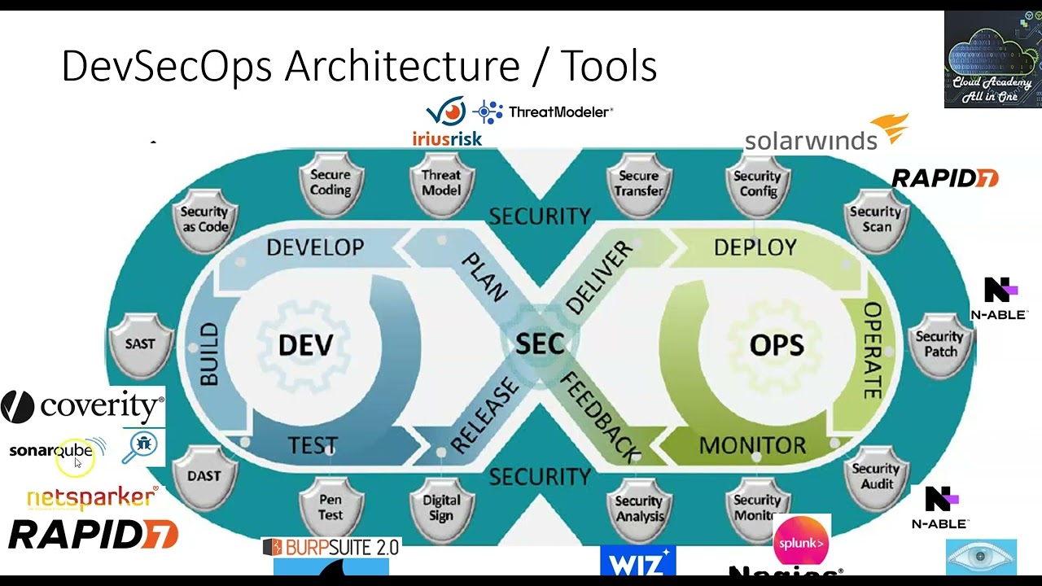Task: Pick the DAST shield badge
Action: click(x=204, y=477)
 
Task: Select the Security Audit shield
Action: click(x=875, y=477)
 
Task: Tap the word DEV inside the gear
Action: click(x=305, y=345)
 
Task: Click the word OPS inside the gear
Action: click(x=777, y=345)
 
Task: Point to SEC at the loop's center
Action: click(x=540, y=344)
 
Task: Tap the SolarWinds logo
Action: click(x=825, y=134)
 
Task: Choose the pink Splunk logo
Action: click(x=801, y=541)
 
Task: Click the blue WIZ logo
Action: click(x=637, y=561)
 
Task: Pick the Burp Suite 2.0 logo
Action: click(x=331, y=548)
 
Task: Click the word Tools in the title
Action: click(x=608, y=67)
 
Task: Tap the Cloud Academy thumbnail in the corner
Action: click(x=992, y=59)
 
